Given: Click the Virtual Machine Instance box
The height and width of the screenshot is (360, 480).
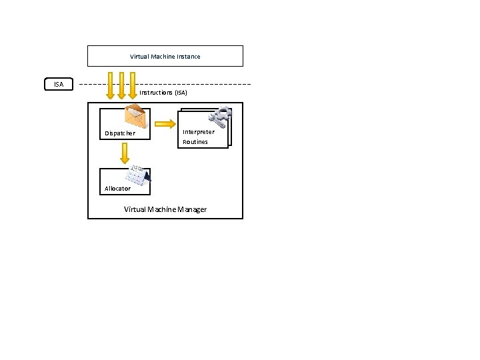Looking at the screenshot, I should pyautogui.click(x=165, y=56).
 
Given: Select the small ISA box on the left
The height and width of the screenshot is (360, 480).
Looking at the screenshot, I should pyautogui.click(x=59, y=85).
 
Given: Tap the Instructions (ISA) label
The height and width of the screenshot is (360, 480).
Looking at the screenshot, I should pyautogui.click(x=163, y=93).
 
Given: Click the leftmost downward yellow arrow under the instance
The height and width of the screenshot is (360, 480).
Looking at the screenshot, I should pyautogui.click(x=111, y=86).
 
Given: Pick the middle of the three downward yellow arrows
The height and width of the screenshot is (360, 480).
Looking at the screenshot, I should pyautogui.click(x=121, y=85).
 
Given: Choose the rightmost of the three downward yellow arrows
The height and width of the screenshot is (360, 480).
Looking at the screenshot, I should pyautogui.click(x=132, y=85).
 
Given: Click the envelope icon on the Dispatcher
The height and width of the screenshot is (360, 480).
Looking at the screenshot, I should pyautogui.click(x=135, y=117).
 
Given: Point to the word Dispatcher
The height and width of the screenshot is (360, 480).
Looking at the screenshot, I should pyautogui.click(x=120, y=133).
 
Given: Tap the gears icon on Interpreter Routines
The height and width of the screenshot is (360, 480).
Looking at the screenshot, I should pyautogui.click(x=220, y=116).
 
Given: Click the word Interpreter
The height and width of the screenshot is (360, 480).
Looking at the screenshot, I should pyautogui.click(x=199, y=132).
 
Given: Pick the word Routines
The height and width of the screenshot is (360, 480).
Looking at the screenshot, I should pyautogui.click(x=195, y=142).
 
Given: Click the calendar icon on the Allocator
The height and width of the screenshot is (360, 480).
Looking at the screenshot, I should pyautogui.click(x=138, y=174).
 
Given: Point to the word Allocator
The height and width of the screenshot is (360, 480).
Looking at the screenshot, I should pyautogui.click(x=118, y=189).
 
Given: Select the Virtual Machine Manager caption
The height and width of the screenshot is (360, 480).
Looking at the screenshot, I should pyautogui.click(x=165, y=209).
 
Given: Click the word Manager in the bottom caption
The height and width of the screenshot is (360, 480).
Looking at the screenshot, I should pyautogui.click(x=191, y=209).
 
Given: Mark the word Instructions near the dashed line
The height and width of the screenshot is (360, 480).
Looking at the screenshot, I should pyautogui.click(x=156, y=93).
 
